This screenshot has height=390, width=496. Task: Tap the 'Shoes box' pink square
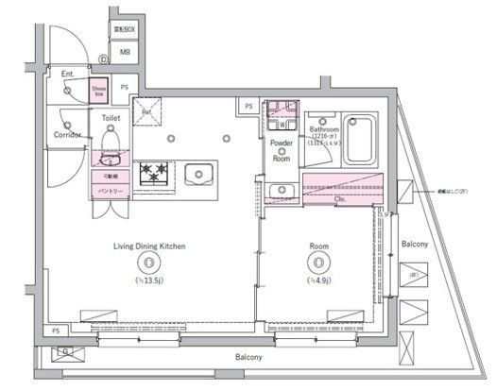(x=98, y=92)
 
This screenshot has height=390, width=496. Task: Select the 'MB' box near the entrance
(x=125, y=53)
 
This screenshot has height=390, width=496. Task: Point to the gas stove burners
(x=153, y=174)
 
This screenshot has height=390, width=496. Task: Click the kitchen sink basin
(x=199, y=174)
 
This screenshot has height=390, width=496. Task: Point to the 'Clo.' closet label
(x=340, y=199)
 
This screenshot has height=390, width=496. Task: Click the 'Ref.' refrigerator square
(x=146, y=110)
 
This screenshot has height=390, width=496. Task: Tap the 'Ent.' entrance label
(x=67, y=74)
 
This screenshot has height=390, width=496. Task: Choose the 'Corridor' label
(x=67, y=135)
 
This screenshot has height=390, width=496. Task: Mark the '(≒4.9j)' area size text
(x=319, y=280)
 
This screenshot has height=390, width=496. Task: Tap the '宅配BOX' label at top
(x=125, y=30)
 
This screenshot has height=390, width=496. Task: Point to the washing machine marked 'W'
(x=282, y=124)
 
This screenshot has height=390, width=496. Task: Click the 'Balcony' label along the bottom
(x=248, y=359)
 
